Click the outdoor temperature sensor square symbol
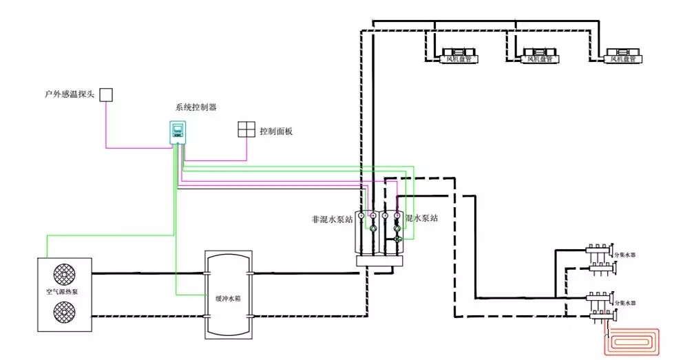(105, 94)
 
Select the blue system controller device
(179, 132)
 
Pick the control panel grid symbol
(246, 130)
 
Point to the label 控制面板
(276, 131)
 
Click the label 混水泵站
(422, 218)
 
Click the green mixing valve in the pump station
(397, 238)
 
